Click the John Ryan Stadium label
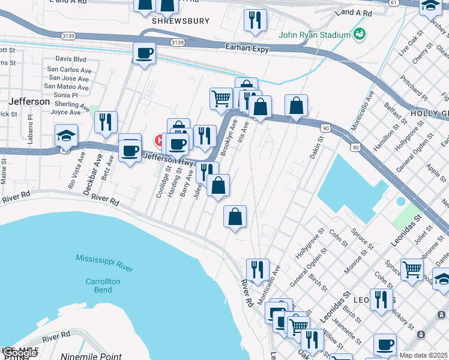click(315, 35)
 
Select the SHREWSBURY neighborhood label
click(181, 21)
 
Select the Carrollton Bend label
click(103, 286)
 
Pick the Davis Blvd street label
click(71, 59)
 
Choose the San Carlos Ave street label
click(69, 70)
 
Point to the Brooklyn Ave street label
click(226, 139)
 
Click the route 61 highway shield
click(393, 3)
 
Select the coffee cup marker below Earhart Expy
click(144, 54)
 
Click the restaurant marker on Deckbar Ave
click(106, 122)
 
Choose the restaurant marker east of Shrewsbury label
click(255, 20)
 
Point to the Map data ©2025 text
click(423, 355)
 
